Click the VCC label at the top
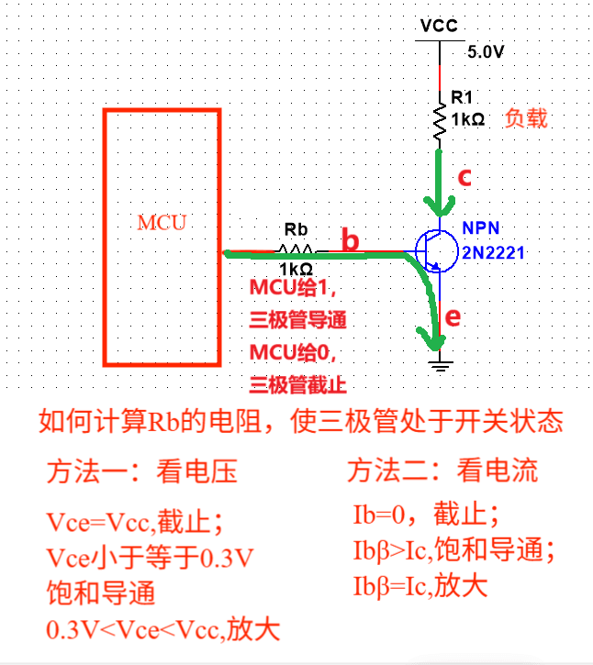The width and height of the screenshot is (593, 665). click(x=438, y=25)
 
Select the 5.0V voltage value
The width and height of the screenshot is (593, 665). click(x=487, y=52)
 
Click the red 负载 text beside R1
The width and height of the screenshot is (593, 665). click(x=526, y=118)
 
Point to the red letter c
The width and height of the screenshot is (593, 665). click(x=464, y=178)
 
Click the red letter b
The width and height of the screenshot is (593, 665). click(x=351, y=240)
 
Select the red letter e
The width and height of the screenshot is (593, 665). click(x=451, y=317)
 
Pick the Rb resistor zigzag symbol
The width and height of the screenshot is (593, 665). click(x=296, y=249)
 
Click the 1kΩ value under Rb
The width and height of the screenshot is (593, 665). click(x=296, y=269)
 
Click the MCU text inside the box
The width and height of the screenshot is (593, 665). click(x=162, y=223)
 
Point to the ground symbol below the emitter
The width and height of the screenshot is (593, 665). click(x=441, y=365)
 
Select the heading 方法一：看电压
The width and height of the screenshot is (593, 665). click(x=142, y=471)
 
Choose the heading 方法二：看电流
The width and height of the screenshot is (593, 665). click(x=442, y=471)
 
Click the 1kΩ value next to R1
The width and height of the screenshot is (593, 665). click(x=468, y=119)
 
